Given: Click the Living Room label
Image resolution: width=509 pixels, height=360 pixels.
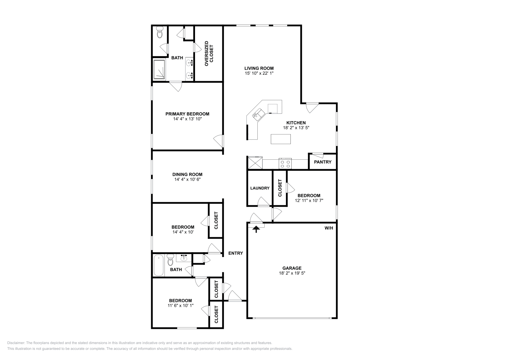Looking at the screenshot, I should (259, 68).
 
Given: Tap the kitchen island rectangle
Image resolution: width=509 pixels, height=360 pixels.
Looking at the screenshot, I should (281, 139).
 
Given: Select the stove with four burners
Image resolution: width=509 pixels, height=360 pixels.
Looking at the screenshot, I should (285, 164).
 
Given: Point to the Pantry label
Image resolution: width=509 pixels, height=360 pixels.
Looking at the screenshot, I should (323, 162).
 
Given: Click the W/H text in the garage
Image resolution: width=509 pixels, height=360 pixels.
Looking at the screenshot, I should (329, 228).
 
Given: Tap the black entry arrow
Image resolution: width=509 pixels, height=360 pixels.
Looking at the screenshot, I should (256, 229).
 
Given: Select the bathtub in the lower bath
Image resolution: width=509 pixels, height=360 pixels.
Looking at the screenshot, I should (158, 266).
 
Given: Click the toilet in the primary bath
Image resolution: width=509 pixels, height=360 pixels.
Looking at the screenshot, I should (160, 32).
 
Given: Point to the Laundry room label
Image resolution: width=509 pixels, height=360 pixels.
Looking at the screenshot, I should (260, 188).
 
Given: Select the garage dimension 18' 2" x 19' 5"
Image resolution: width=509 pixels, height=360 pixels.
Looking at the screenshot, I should (292, 273).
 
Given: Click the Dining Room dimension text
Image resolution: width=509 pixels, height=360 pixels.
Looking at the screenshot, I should (187, 179).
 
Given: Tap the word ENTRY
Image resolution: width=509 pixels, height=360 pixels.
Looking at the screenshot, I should (235, 253).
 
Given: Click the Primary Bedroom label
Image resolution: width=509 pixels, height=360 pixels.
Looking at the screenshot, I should (187, 114).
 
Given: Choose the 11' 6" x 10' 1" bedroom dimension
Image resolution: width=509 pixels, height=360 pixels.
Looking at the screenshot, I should (180, 306).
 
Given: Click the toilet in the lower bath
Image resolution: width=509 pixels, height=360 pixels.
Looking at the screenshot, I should (170, 260).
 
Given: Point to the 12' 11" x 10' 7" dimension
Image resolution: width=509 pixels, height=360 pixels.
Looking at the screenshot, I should (309, 201).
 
